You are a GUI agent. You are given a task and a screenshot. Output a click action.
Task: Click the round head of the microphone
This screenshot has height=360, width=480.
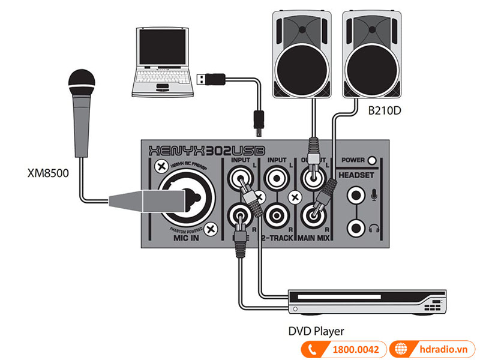coord(82,83)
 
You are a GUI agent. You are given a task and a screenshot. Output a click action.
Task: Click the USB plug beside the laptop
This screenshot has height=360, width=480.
coord(211,78)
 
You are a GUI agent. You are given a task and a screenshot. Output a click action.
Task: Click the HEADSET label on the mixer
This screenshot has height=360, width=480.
coord(356,175)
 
